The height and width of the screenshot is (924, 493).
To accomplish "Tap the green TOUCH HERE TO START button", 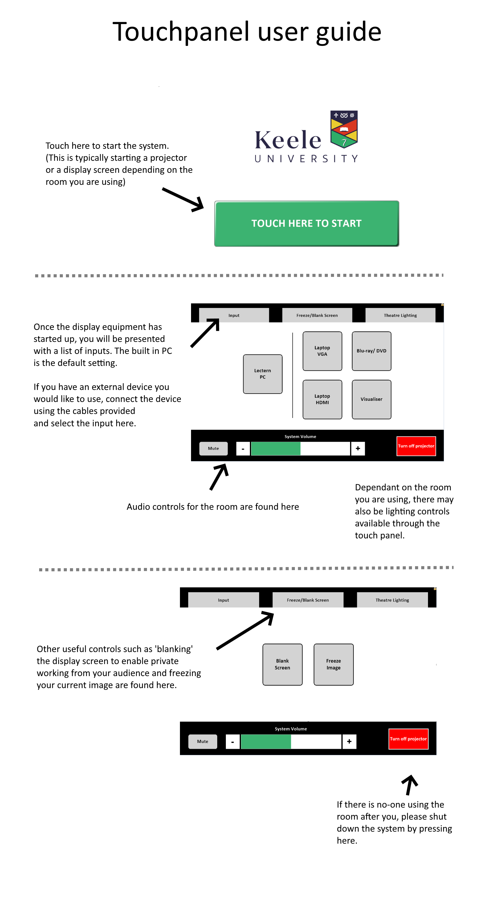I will tap(306, 224).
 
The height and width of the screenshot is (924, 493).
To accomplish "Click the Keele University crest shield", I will tap(344, 129).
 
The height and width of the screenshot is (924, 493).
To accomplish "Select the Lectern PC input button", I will tap(263, 374).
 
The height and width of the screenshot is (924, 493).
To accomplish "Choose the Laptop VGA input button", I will tap(322, 351).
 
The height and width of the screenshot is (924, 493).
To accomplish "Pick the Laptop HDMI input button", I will tap(322, 399).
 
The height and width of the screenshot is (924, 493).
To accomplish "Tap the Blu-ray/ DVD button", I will tap(371, 351).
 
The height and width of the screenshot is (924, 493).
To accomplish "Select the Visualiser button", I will tap(371, 399).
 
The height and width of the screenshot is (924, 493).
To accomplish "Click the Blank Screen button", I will tap(282, 664).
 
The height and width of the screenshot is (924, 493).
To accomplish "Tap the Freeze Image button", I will tap(333, 664).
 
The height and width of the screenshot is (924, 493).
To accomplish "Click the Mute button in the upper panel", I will tap(214, 448).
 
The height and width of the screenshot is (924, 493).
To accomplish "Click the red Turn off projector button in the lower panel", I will tap(408, 739).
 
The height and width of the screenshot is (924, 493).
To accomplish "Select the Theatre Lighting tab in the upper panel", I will tap(400, 315).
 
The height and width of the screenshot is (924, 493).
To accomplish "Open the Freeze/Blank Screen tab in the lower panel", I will tap(308, 600).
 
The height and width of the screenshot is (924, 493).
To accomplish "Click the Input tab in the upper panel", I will tap(234, 315).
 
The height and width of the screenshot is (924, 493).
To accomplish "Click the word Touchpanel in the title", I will tap(181, 32).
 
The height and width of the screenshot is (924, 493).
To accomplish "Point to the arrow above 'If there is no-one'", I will tap(410, 784).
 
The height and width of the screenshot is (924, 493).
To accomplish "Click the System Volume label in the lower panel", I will tap(291, 729).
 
